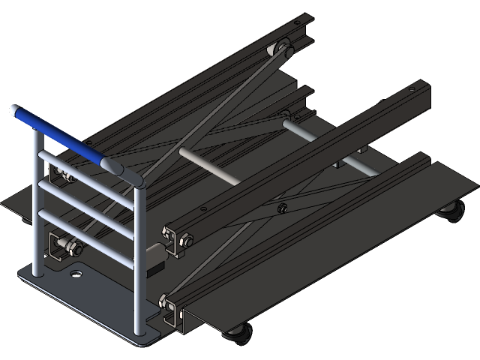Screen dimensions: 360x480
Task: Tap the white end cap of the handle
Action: [x=13, y=110]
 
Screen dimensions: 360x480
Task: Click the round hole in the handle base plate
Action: [x=75, y=275]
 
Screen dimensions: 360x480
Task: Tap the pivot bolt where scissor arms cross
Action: [x=282, y=208]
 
